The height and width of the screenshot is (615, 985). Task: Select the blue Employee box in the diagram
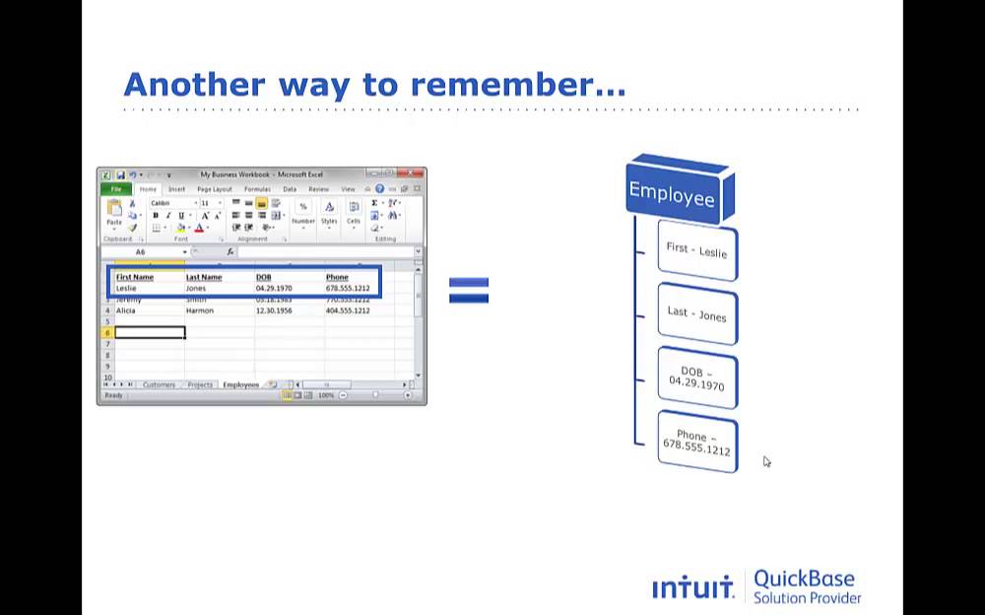[674, 193]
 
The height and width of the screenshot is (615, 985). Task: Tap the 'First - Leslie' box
[696, 250]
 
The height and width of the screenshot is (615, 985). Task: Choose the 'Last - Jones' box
[696, 313]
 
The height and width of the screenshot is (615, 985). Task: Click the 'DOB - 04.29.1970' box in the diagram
[696, 377]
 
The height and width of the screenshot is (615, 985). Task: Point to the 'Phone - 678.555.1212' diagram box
[696, 442]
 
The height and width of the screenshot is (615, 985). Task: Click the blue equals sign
[469, 290]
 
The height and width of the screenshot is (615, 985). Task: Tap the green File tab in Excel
[115, 189]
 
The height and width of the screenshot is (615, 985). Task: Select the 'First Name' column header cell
[136, 277]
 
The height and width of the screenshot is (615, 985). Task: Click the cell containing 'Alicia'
[127, 310]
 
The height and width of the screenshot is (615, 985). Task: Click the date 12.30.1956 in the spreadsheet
[273, 310]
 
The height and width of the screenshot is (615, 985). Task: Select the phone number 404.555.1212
[348, 310]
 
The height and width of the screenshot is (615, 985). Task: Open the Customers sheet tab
[159, 385]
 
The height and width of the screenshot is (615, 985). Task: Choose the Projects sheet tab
[200, 385]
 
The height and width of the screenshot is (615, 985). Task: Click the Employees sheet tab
[240, 385]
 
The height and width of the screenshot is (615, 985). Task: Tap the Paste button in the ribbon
[114, 212]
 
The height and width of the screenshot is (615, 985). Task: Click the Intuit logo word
[692, 588]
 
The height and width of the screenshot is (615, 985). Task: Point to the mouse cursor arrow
[766, 461]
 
